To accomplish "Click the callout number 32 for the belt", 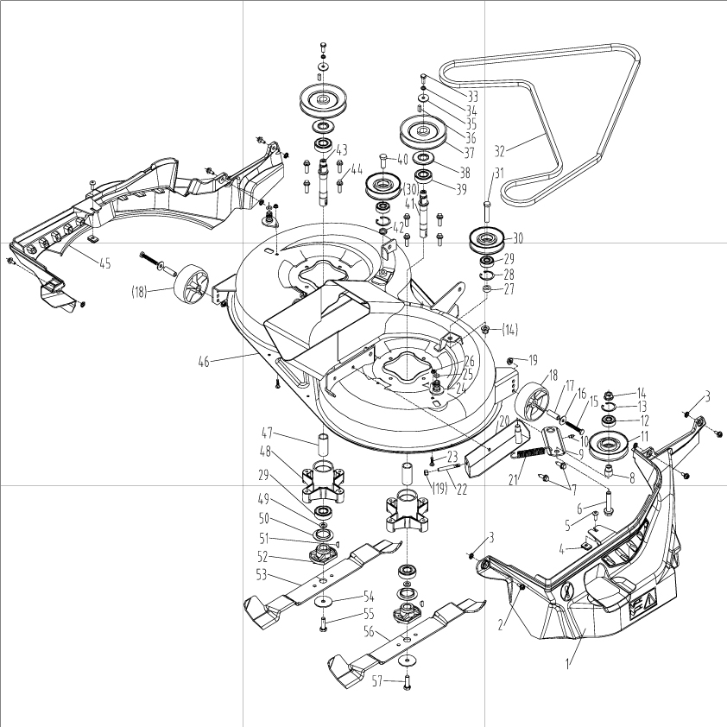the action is (x=499, y=151).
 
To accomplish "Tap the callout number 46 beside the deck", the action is (x=204, y=361).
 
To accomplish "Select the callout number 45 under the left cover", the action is (x=105, y=263).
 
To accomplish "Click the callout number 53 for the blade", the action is (x=262, y=574).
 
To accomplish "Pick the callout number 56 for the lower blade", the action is (x=369, y=631).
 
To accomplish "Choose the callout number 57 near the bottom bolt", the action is (x=377, y=680).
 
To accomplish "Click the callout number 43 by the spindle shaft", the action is (x=342, y=150).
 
